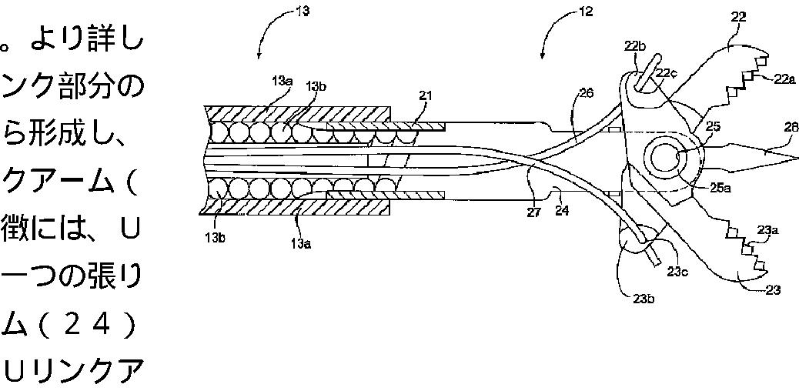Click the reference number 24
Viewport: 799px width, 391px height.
coord(562,209)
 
